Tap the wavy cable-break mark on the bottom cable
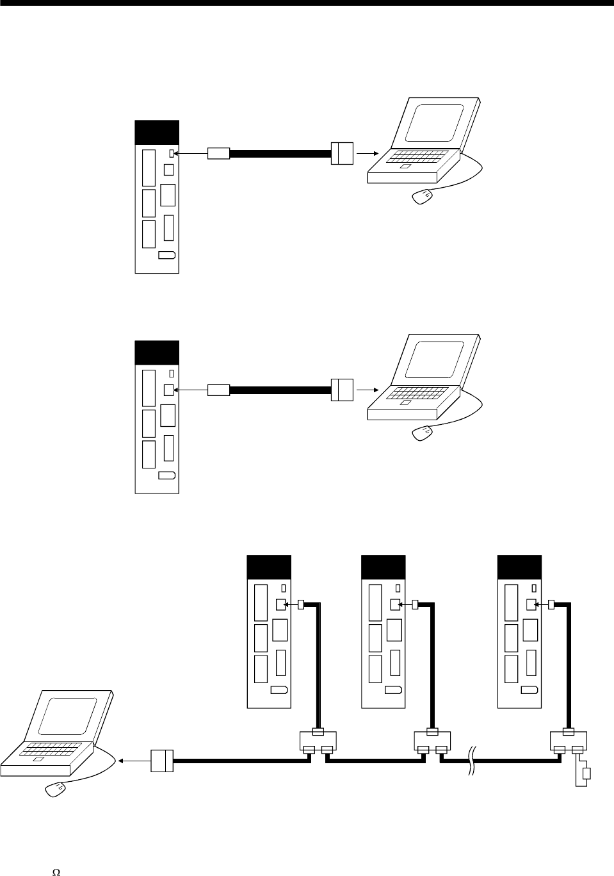coord(473,761)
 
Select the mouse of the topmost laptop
coord(421,196)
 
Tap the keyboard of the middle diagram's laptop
coord(416,391)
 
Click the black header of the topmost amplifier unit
coord(157,132)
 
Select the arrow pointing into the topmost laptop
coord(366,154)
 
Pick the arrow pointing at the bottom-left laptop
coord(132,761)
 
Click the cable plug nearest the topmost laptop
coord(343,154)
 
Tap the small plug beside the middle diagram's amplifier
coord(218,390)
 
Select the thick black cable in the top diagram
coord(280,154)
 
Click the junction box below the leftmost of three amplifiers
coord(318,743)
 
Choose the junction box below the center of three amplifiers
coord(432,743)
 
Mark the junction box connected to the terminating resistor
coord(569,743)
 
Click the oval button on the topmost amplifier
coord(166,255)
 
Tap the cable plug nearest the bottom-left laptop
coord(162,761)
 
